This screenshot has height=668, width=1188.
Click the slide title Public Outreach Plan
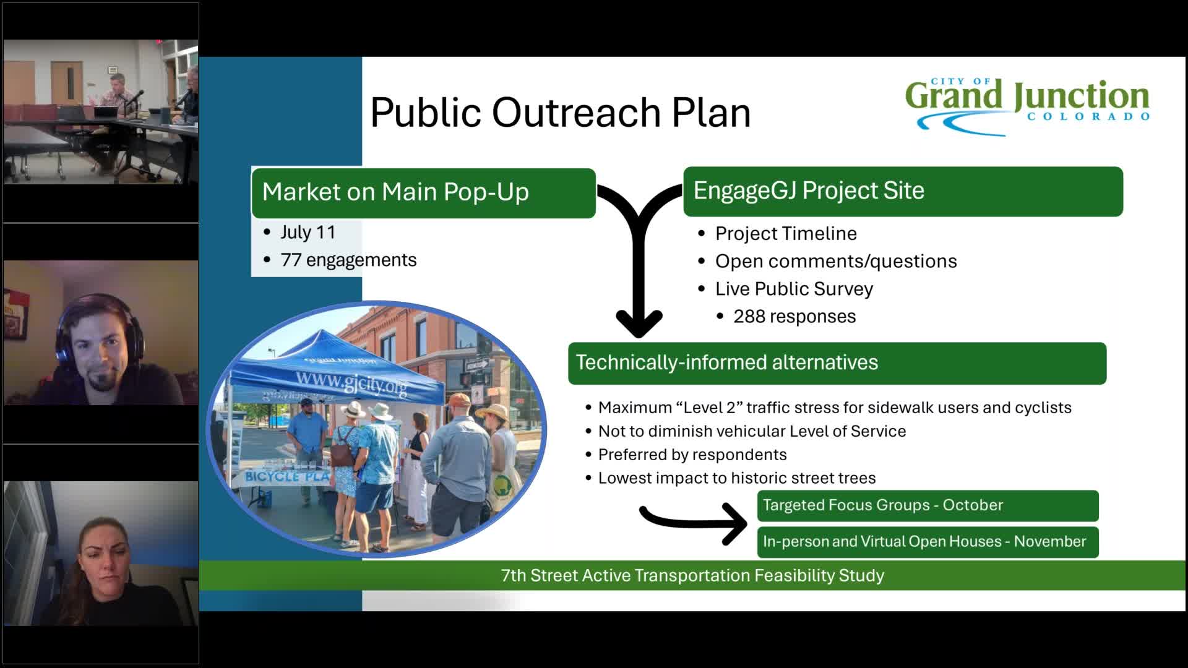click(560, 113)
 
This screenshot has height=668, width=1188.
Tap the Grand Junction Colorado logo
click(1027, 105)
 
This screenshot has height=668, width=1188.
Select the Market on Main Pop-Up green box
click(423, 192)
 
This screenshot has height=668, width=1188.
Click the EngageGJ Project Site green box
click(902, 191)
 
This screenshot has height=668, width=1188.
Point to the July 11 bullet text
click(308, 232)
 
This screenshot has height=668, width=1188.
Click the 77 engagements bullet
click(348, 260)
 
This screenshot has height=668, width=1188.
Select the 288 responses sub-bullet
click(794, 317)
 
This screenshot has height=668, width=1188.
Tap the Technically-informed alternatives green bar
click(837, 363)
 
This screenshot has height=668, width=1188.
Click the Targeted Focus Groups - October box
click(927, 505)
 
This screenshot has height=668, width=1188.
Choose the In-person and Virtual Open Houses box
click(927, 542)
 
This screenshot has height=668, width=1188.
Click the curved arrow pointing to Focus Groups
click(693, 521)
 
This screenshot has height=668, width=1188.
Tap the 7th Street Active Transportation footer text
click(692, 576)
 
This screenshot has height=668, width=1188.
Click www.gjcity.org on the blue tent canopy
click(351, 382)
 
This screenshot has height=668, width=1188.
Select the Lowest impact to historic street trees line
click(736, 478)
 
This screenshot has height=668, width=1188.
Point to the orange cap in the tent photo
click(458, 400)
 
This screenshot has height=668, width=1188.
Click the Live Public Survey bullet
click(793, 289)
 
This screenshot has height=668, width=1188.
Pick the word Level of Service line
click(751, 431)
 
